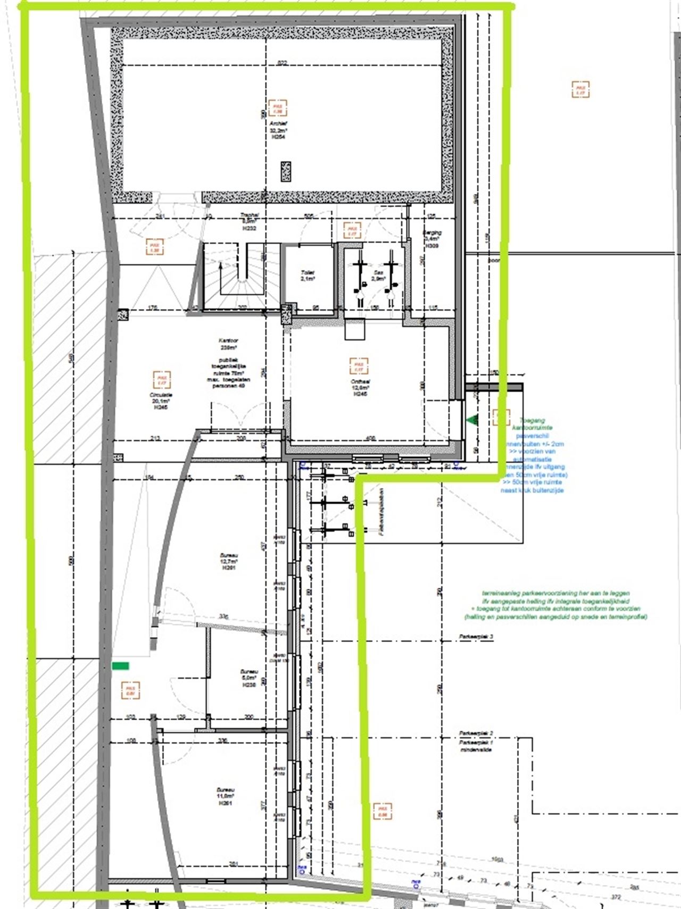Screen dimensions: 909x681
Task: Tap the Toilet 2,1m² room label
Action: point(307,275)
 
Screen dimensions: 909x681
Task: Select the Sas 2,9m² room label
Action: point(378,275)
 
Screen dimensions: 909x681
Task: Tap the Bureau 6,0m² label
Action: point(249,678)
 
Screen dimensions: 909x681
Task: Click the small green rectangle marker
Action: point(120,665)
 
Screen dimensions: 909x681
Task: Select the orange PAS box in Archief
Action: point(277,108)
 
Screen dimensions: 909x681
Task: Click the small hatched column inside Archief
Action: point(286,172)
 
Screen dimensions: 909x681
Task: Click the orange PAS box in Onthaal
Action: point(359,366)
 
